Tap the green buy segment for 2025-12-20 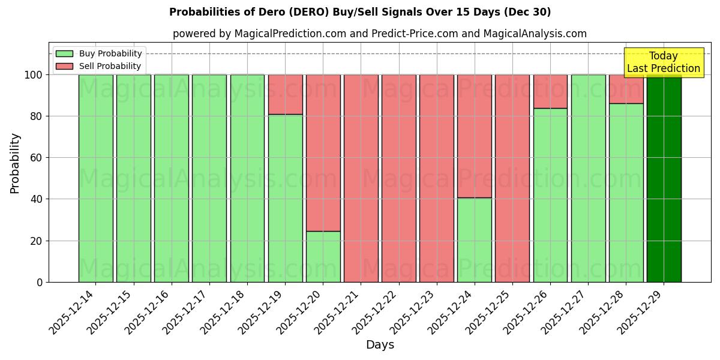(x=323, y=257)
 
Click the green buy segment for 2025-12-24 (x=475, y=240)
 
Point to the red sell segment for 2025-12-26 (x=550, y=91)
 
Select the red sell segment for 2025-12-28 (x=626, y=89)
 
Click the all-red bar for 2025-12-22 (x=399, y=178)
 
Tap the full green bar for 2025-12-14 (x=95, y=178)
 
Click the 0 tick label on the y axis (x=40, y=282)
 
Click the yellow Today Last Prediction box (x=663, y=62)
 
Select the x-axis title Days (x=380, y=345)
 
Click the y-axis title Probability (x=15, y=163)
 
